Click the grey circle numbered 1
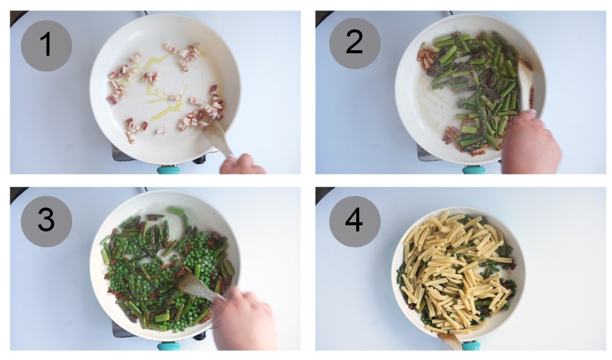47,46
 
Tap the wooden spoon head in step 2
524,77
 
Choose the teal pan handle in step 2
473,170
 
